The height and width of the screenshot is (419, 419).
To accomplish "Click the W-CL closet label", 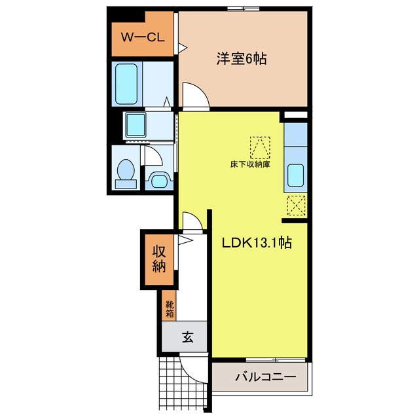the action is [143, 37].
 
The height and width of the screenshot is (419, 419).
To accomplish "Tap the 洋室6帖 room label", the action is [242, 59].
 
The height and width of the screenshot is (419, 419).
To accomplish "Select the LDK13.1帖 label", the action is [257, 243].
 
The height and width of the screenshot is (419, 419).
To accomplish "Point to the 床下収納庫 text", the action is [250, 164].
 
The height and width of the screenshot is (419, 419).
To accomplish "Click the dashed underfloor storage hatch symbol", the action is [260, 147].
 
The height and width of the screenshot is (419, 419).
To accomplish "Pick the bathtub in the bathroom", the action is [126, 84].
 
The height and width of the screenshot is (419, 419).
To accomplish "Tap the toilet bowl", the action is [126, 170].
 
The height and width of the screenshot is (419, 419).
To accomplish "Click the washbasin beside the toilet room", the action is [159, 181].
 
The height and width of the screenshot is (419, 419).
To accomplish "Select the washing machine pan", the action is [136, 124].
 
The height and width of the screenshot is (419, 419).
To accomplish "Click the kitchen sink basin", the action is [295, 175].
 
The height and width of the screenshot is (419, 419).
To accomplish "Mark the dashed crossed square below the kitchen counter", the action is [296, 205].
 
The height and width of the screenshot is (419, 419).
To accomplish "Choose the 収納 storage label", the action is [159, 259].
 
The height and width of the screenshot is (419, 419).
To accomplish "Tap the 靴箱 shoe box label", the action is [170, 308].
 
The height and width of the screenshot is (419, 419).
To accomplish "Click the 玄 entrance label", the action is [188, 337].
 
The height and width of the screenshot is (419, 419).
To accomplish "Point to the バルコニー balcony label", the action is [266, 377].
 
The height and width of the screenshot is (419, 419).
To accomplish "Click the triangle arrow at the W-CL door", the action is [183, 48].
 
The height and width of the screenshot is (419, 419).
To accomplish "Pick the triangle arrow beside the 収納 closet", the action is [185, 240].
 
